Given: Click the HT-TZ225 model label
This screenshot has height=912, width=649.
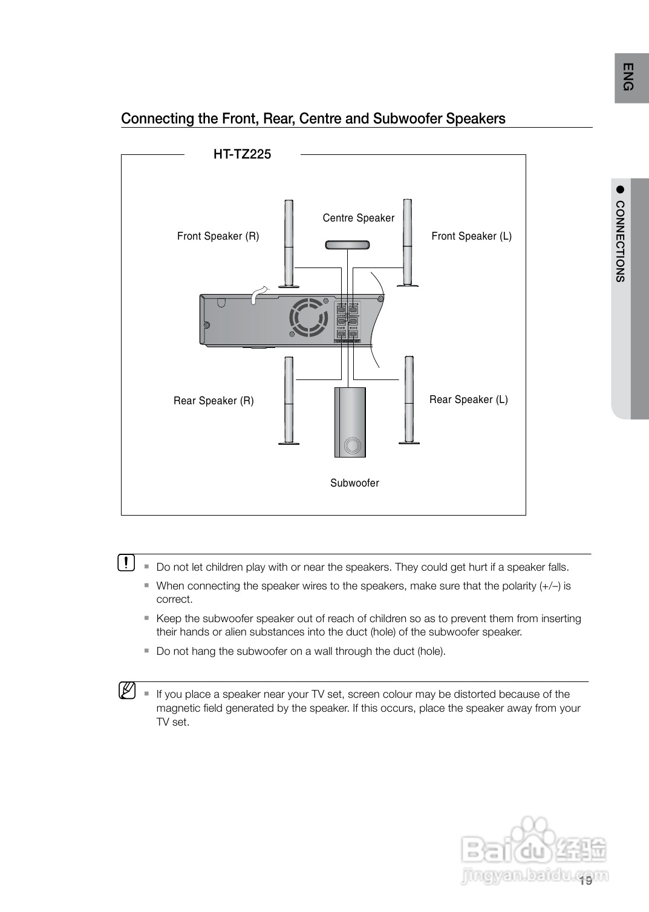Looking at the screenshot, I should pos(242,154).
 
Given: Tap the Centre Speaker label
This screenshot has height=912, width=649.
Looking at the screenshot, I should pos(358,218).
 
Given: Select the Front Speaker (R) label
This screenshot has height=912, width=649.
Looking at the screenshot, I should pos(218,236).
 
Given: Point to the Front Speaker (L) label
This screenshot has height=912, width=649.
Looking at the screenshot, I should pos(471,236).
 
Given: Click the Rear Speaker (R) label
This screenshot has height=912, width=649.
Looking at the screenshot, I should pos(214,401).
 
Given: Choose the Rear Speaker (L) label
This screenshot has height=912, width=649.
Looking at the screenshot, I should pos(468,399).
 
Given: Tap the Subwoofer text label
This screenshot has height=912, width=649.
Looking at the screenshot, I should pos(354,483).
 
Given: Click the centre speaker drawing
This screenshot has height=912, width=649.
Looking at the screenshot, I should pos(347,244).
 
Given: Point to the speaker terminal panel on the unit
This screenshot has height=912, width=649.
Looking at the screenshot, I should pos(348,321).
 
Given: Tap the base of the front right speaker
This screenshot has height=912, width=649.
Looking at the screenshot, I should pos(289,286).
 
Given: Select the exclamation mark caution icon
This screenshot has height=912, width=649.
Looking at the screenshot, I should pos(126,563).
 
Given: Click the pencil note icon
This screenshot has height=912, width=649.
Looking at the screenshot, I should pos(126,691).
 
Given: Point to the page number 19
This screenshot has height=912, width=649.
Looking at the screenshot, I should pos(585,881).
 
